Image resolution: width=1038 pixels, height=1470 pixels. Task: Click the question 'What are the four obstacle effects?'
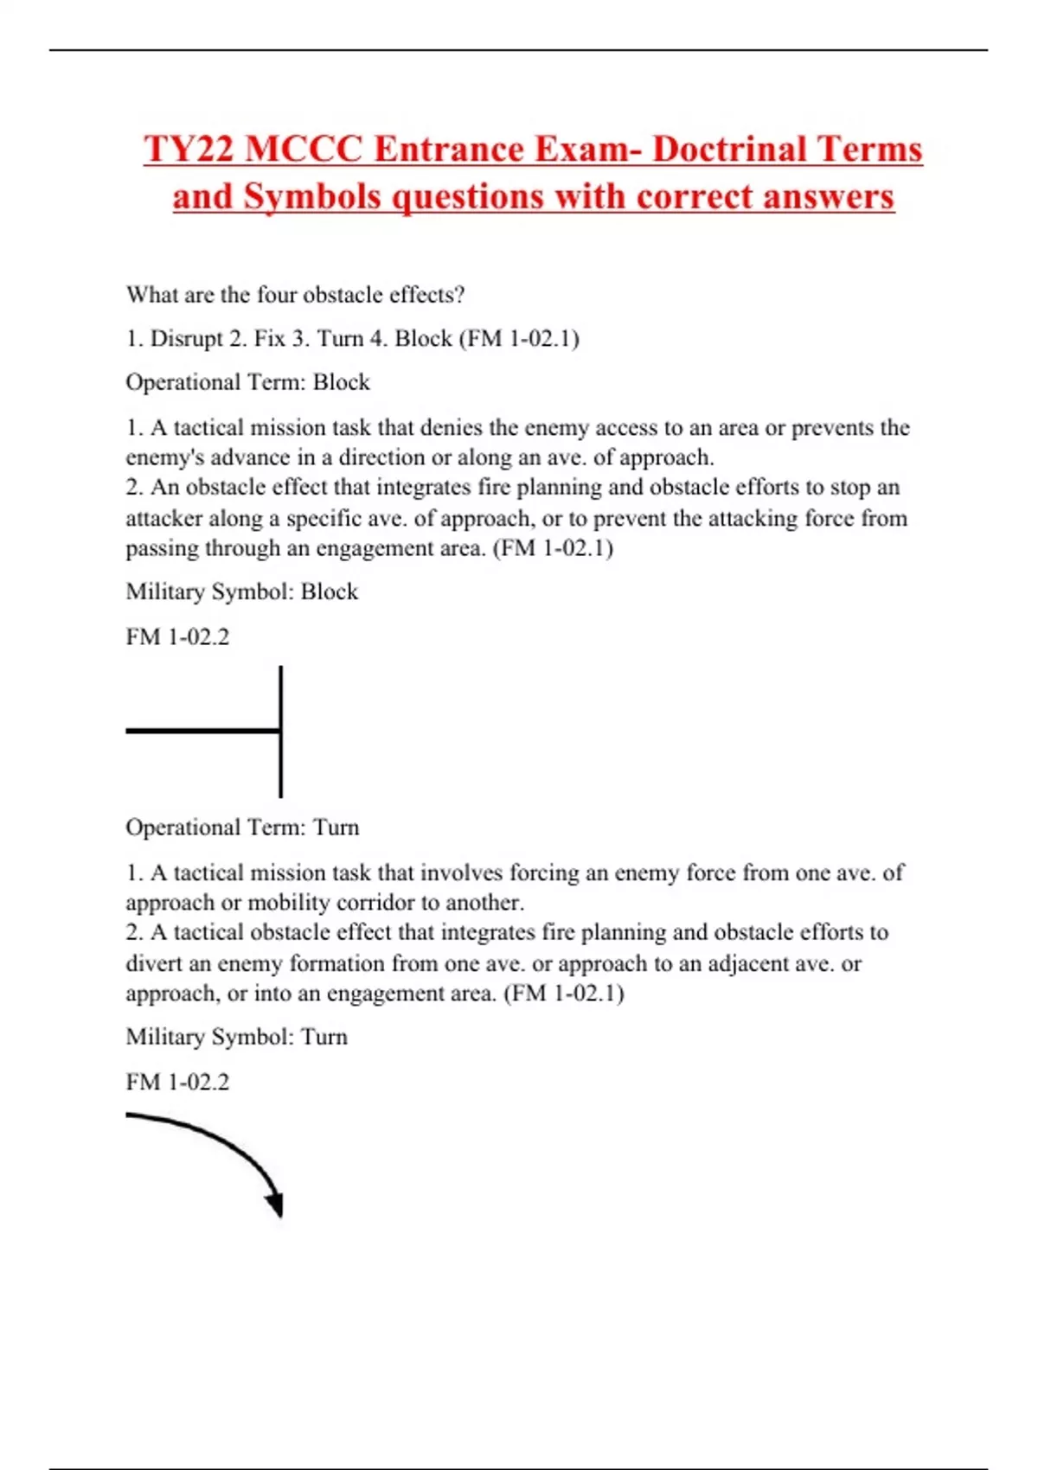[295, 295]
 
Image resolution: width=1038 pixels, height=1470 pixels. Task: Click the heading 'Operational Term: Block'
[247, 382]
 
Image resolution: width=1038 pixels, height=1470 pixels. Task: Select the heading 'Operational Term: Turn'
[242, 828]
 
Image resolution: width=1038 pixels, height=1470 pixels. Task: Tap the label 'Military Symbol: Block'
[241, 592]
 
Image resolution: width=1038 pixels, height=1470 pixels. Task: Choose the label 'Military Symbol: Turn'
[236, 1037]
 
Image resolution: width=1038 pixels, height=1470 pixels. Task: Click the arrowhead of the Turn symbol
[276, 1204]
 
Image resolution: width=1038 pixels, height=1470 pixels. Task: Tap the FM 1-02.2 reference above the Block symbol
[177, 637]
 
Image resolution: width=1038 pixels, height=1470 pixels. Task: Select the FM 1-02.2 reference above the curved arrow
[177, 1083]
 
